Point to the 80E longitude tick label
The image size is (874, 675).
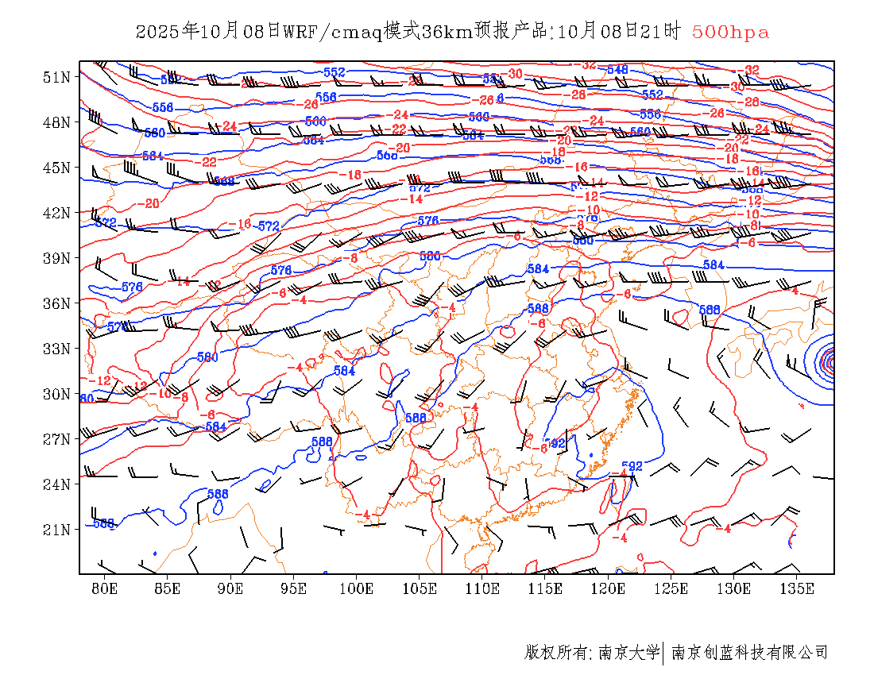coord(105,588)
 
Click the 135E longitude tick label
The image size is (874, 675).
coord(797,588)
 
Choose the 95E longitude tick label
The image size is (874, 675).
coord(293,588)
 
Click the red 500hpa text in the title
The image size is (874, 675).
coord(730,32)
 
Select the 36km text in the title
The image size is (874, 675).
coord(447,32)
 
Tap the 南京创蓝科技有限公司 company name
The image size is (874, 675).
coord(750,653)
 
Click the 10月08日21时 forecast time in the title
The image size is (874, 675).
coord(620,32)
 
